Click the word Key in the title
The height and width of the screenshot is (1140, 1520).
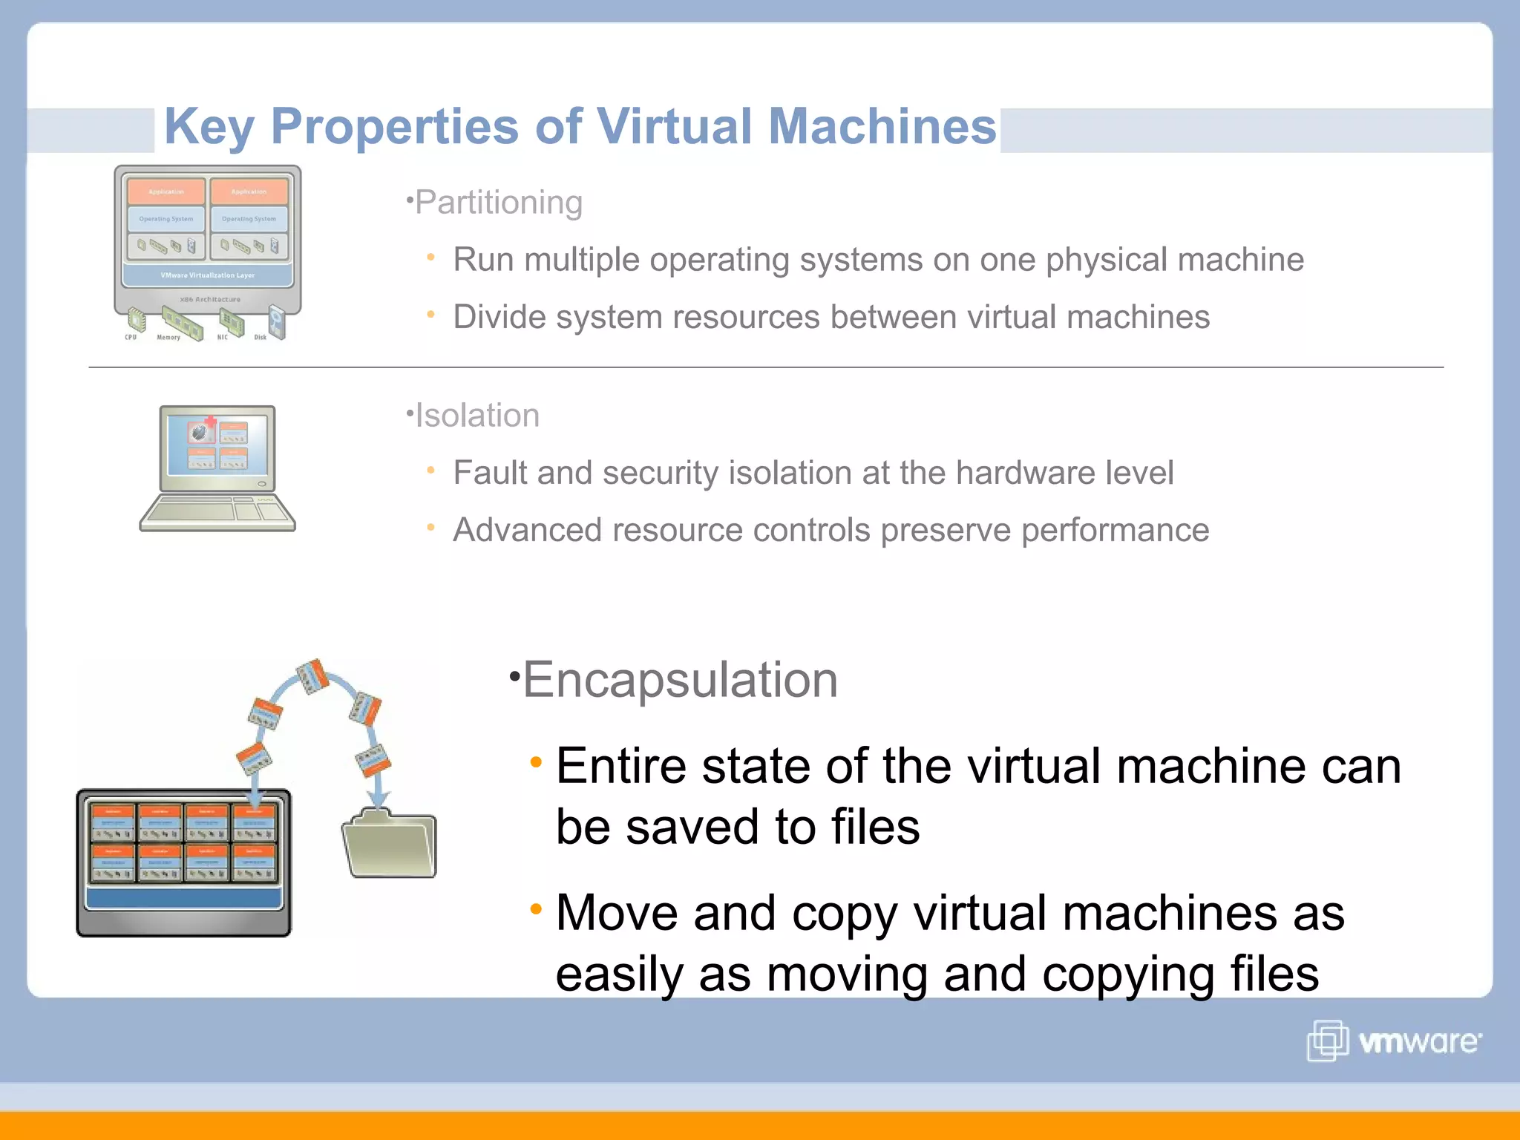click(209, 126)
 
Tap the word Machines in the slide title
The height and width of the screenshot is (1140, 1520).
click(882, 126)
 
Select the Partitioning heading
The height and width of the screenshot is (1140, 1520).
click(498, 203)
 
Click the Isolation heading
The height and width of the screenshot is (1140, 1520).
click(476, 416)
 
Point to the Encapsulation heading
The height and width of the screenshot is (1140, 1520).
click(680, 680)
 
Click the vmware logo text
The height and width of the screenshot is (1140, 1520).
click(1418, 1042)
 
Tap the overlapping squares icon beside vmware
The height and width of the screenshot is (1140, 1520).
click(1327, 1041)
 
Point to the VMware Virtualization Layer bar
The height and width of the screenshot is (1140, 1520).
click(208, 275)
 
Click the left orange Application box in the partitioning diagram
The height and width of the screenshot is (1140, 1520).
click(166, 191)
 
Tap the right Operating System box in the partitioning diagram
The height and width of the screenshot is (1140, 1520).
click(249, 219)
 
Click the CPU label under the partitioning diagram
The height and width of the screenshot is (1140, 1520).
click(131, 338)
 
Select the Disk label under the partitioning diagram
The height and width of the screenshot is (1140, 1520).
click(260, 338)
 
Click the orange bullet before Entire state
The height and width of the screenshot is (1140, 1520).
click(536, 762)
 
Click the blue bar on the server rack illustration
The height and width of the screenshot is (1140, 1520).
click(183, 897)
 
